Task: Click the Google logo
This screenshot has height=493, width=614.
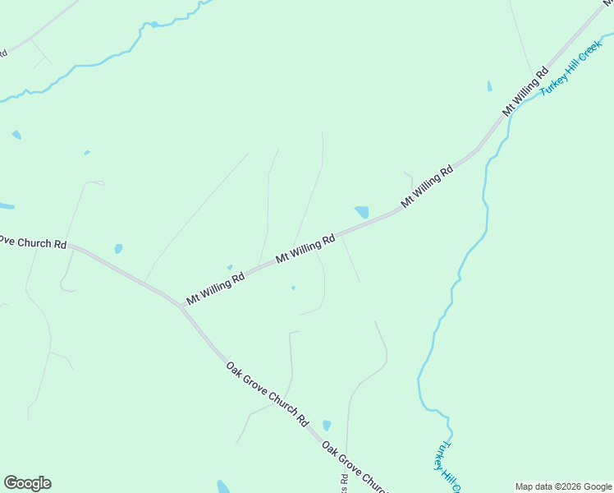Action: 27,483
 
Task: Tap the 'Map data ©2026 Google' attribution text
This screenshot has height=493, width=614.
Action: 563,486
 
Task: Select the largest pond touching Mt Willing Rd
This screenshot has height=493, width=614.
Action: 362,212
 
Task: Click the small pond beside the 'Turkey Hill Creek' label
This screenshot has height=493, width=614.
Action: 490,85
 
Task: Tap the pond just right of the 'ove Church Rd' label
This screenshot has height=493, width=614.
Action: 119,248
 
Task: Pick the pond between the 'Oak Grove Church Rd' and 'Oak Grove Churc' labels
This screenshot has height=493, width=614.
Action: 327,425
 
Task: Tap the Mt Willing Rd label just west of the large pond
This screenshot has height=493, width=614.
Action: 305,247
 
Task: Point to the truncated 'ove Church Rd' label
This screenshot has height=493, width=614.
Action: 33,242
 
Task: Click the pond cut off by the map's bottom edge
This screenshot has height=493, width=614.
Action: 223,486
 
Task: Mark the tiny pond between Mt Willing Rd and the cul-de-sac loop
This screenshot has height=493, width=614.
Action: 293,288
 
